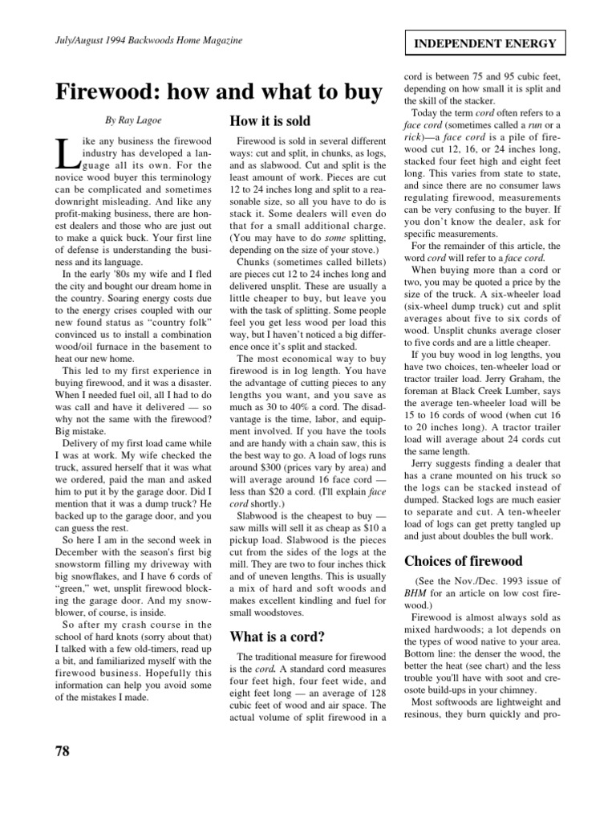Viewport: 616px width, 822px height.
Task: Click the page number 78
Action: click(63, 751)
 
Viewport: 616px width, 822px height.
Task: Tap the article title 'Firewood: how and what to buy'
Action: click(218, 93)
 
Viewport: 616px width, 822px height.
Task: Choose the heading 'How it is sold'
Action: click(269, 121)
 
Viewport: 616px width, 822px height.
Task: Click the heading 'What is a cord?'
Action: click(277, 637)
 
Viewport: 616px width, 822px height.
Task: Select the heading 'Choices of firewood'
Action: click(463, 560)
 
